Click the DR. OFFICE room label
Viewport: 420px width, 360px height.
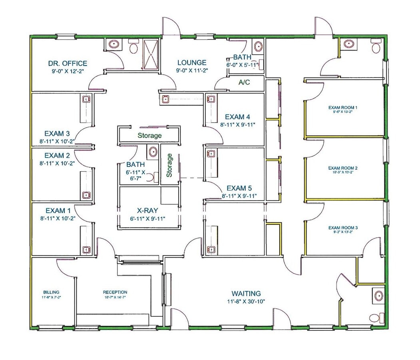68,63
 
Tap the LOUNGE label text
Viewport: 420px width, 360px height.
192,62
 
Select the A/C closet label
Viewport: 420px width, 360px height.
244,83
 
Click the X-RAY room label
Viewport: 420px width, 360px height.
147,210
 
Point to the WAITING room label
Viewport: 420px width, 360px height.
246,293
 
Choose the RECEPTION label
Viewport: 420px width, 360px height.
115,292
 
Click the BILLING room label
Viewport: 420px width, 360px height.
51,292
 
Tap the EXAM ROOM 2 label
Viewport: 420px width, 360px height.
342,168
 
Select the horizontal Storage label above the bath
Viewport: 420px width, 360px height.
150,136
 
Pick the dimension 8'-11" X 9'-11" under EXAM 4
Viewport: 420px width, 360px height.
237,124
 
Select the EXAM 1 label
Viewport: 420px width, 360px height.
58,210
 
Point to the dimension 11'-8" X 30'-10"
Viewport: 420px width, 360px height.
246,301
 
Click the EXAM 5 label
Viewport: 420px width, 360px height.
239,188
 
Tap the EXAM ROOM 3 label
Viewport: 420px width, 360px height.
342,228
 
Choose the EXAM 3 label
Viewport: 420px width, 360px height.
57,133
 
